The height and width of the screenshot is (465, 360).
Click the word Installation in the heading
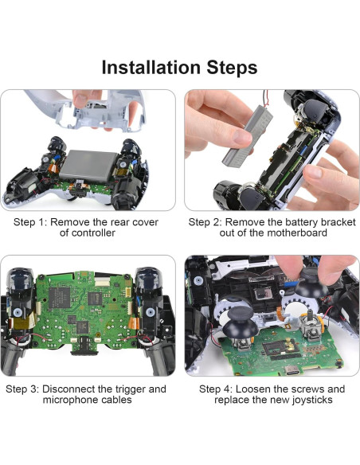click(151, 68)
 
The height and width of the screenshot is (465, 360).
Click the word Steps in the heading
click(231, 68)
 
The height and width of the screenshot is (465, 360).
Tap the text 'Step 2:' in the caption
click(206, 222)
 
